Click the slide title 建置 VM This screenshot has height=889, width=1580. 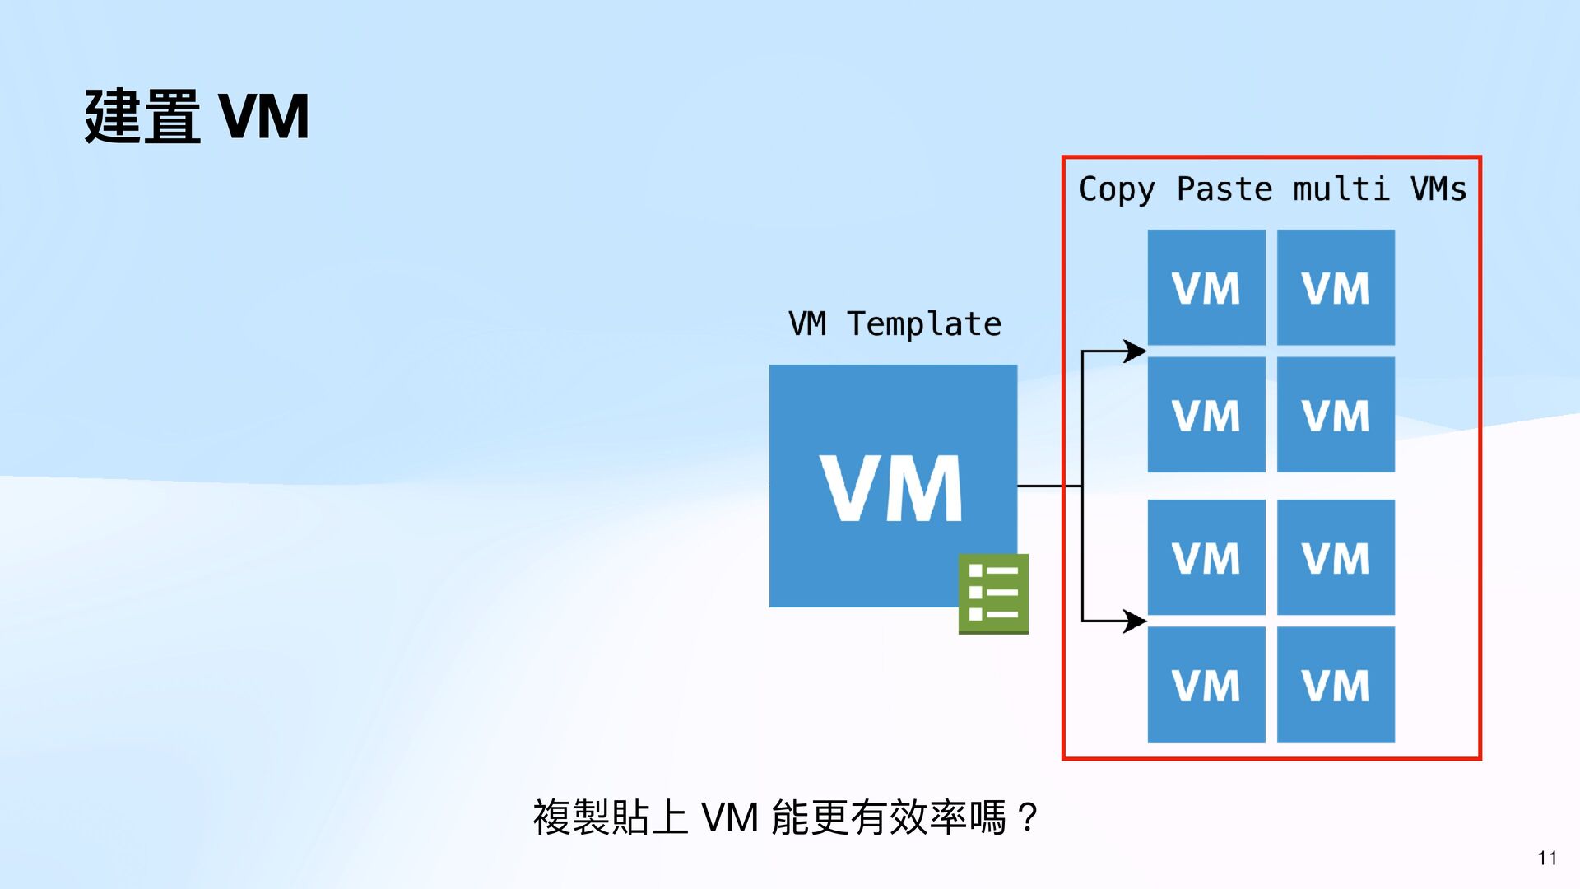[x=197, y=117]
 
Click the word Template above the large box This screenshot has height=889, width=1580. [x=924, y=324]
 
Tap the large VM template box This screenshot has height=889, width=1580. [x=892, y=486]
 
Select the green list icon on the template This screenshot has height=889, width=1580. [x=993, y=593]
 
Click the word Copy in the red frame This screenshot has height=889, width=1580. [x=1117, y=189]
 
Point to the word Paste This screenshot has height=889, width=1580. [x=1224, y=189]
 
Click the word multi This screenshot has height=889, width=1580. [x=1341, y=189]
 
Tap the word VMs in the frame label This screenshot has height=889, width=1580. [x=1438, y=189]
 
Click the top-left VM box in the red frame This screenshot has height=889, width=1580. [x=1206, y=287]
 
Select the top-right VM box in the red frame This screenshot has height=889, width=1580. [x=1336, y=287]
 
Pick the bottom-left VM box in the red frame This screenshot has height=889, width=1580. [x=1206, y=685]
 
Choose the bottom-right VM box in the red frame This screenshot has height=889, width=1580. [x=1336, y=685]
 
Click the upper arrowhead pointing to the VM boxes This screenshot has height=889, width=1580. [x=1136, y=351]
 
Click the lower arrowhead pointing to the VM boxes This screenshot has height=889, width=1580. [x=1136, y=621]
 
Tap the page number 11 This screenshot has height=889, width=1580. [x=1547, y=859]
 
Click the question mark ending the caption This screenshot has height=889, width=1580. [x=1027, y=818]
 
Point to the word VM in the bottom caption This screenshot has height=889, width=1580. [x=729, y=818]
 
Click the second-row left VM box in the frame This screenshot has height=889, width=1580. [x=1206, y=415]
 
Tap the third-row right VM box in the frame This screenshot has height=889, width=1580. [x=1336, y=557]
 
